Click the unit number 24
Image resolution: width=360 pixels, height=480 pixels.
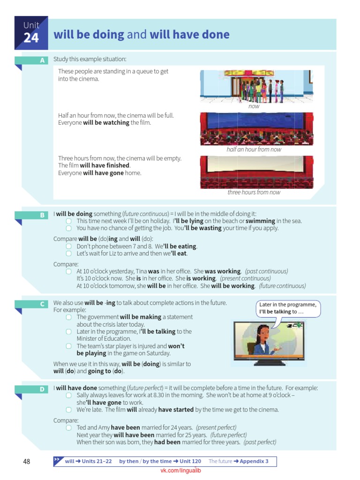[31, 38]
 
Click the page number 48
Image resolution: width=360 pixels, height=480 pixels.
[26, 462]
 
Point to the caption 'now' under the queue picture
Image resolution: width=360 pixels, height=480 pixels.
[254, 106]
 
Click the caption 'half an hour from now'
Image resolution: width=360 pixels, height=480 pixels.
[254, 150]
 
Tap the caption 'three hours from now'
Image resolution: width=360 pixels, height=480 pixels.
[254, 192]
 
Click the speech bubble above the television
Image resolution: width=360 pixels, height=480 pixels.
[288, 308]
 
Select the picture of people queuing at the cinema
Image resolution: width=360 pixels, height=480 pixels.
[256, 86]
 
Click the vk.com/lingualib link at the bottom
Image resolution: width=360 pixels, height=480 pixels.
[180, 471]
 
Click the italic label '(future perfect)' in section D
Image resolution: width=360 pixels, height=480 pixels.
[228, 435]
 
